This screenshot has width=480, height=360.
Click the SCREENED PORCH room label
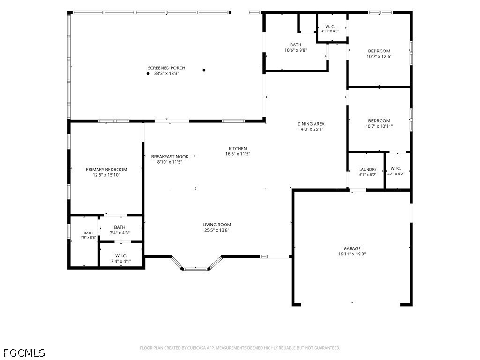point(166,68)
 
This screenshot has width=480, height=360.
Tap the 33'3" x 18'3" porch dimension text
point(166,74)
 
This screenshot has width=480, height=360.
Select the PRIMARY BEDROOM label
point(106,170)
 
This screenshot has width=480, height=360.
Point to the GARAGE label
point(352,249)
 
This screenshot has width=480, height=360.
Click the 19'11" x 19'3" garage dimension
point(352,254)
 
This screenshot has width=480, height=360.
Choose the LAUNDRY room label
point(367,170)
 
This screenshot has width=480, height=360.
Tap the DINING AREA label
point(311,124)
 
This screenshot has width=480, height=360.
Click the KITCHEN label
point(238,149)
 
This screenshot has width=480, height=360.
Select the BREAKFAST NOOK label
point(170,157)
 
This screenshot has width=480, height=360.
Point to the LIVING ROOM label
point(217,225)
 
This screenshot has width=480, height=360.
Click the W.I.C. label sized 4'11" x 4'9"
point(330,27)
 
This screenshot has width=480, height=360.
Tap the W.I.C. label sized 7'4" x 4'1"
point(121,256)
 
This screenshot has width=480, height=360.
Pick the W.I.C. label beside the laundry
point(396,169)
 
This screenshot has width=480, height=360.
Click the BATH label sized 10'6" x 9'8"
point(296,45)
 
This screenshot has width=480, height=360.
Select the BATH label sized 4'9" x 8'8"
point(88,233)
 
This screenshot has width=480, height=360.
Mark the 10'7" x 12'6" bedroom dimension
point(379,57)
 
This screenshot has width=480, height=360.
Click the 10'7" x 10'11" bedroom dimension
point(379,126)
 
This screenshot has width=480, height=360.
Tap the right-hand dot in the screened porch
point(204,70)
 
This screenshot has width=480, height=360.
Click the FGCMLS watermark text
point(24,353)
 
